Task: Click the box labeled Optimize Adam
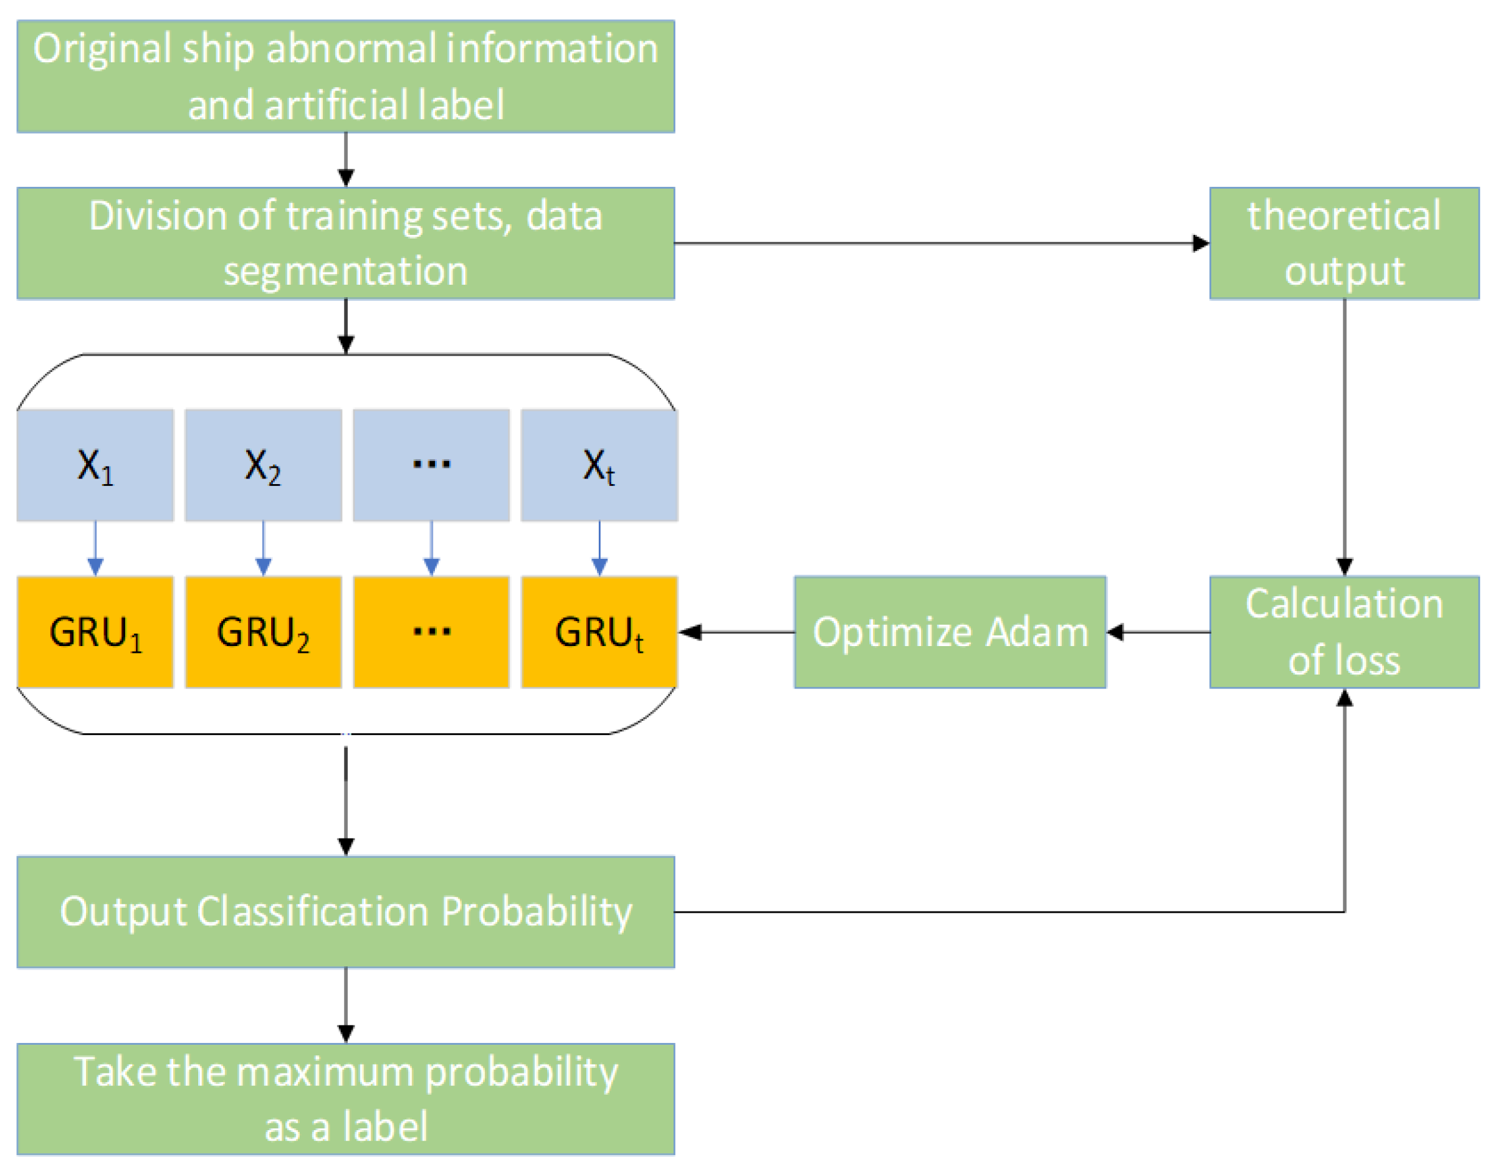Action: click(x=950, y=632)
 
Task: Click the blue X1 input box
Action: click(x=95, y=465)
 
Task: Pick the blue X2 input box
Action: click(x=263, y=465)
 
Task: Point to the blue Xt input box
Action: click(x=599, y=465)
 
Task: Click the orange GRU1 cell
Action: click(x=95, y=632)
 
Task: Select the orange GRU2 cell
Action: click(x=263, y=632)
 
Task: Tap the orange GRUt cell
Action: click(x=599, y=632)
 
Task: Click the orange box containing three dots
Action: click(x=431, y=632)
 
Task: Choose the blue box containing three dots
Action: click(x=431, y=465)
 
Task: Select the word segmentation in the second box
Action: click(x=345, y=271)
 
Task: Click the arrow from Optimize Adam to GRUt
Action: click(x=736, y=632)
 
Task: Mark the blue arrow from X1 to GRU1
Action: click(x=95, y=548)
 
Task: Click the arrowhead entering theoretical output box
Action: click(x=1200, y=243)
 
